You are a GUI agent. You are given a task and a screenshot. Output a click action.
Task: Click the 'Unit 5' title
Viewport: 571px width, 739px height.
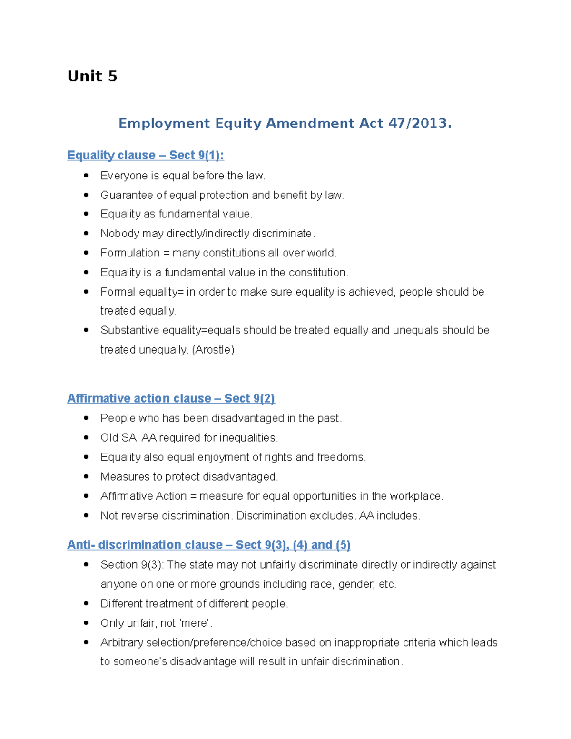point(92,76)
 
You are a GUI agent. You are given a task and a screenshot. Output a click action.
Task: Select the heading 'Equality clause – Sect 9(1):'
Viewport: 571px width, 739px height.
point(145,155)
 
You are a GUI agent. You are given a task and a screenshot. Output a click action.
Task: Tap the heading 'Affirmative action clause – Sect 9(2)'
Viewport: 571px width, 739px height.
point(171,398)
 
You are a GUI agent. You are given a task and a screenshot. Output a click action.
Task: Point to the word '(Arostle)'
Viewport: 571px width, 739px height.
point(213,350)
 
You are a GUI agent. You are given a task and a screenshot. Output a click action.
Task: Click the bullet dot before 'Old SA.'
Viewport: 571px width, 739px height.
point(86,437)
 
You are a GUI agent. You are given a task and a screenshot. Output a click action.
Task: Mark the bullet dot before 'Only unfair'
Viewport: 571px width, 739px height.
point(86,623)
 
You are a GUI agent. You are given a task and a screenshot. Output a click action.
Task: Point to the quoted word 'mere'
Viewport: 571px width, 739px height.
point(195,623)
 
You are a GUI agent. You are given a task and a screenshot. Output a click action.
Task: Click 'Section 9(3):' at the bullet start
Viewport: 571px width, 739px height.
point(132,565)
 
